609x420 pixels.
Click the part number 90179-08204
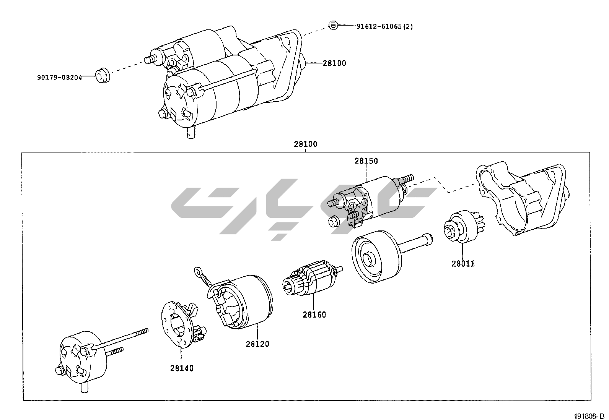(x=59, y=77)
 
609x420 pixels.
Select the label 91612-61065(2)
(x=384, y=26)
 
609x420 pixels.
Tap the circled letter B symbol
(x=333, y=26)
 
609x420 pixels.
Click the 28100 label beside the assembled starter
(x=334, y=63)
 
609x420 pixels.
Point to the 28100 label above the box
(x=305, y=144)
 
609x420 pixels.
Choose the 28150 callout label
(x=366, y=161)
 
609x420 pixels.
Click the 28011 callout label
(x=463, y=264)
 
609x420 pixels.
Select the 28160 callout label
(x=314, y=315)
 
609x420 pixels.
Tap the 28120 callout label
(x=257, y=344)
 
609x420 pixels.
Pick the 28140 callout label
(x=182, y=368)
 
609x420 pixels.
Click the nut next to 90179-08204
(x=102, y=75)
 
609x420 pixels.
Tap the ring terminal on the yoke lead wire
(x=198, y=272)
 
